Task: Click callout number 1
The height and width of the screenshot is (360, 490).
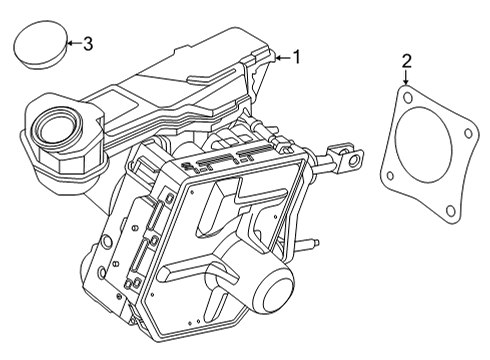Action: click(x=295, y=58)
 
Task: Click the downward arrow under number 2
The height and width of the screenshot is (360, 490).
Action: click(x=406, y=79)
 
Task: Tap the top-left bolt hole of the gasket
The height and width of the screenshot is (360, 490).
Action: click(x=407, y=97)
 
